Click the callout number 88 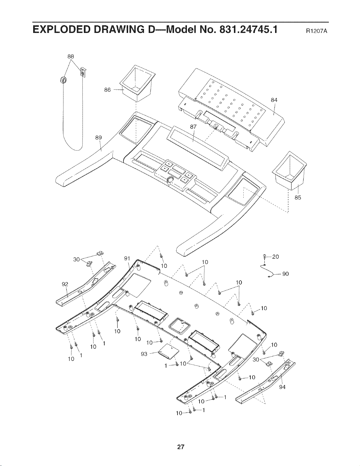pos(71,56)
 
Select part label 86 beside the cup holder pos(107,90)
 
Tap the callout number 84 pos(274,100)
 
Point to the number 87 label pos(193,127)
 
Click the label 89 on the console pos(98,138)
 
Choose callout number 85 pos(298,198)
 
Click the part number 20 pos(276,257)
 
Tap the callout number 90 pos(285,274)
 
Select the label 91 pos(127,259)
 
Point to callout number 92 pos(65,284)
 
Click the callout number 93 pos(144,354)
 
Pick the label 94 pos(282,387)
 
